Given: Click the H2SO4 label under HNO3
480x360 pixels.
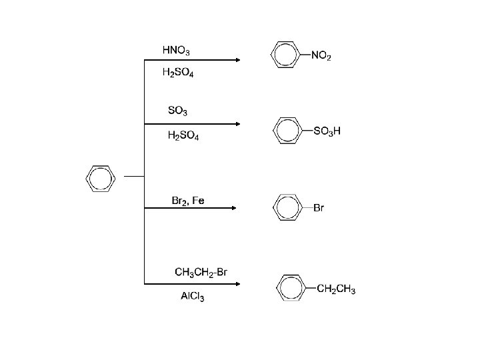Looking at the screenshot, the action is [178, 73].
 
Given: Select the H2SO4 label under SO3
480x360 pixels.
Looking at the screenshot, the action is [183, 135].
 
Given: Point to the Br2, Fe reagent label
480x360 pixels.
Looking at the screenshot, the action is [189, 201].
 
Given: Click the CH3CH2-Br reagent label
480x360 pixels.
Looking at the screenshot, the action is [201, 271].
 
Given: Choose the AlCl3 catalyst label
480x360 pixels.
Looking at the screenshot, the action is [193, 297].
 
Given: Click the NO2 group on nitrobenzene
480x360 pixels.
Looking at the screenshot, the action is [321, 56].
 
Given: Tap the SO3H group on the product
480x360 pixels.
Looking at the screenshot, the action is [327, 131].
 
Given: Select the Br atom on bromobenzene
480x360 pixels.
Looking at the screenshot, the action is [318, 209].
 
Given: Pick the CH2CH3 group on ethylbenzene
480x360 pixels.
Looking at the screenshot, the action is [336, 289].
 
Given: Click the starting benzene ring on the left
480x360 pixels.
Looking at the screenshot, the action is [101, 178].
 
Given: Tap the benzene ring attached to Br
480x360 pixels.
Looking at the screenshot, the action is [287, 207].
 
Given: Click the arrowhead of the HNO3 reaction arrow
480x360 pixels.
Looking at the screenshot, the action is [237, 61].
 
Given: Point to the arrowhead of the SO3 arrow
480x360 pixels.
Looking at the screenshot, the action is [237, 123].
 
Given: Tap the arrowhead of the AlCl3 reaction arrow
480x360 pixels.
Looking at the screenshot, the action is [237, 283].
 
